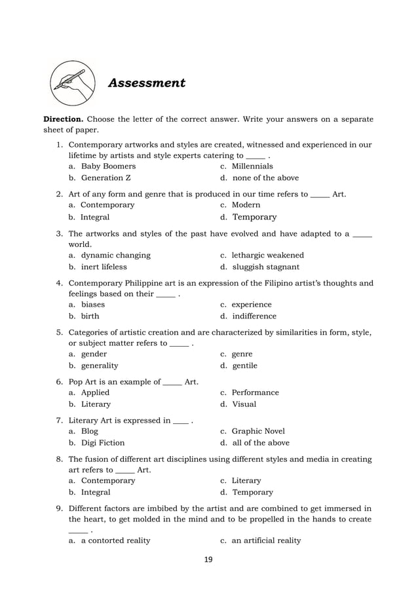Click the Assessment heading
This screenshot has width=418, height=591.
pyautogui.click(x=146, y=83)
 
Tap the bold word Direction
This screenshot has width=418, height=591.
pyautogui.click(x=63, y=119)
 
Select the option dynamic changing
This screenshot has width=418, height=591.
pyautogui.click(x=115, y=255)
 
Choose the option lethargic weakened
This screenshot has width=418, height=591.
pyautogui.click(x=267, y=255)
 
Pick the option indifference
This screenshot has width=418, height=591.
pyautogui.click(x=254, y=316)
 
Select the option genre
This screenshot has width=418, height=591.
pyautogui.click(x=242, y=354)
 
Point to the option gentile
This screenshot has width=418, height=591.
pyautogui.click(x=244, y=366)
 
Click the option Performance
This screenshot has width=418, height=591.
pyautogui.click(x=255, y=392)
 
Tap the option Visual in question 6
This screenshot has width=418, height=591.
pyautogui.click(x=244, y=404)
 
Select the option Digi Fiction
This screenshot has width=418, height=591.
pyautogui.click(x=102, y=443)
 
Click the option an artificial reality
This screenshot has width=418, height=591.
pyautogui.click(x=266, y=541)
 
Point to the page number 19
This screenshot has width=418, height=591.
pyautogui.click(x=208, y=560)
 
